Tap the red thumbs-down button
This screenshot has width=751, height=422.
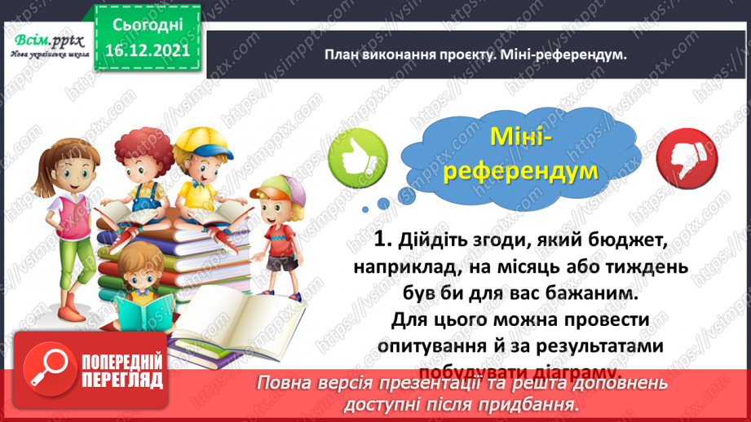coord(684,154)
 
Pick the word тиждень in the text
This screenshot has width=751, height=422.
coord(636,268)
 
